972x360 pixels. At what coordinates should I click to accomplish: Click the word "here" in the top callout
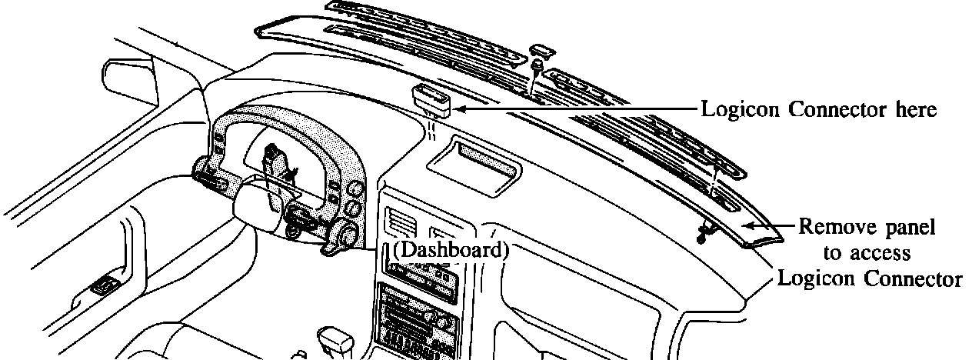coord(913,110)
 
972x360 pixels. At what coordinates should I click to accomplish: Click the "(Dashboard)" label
coord(451,250)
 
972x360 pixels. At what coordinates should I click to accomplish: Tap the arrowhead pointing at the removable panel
coord(750,224)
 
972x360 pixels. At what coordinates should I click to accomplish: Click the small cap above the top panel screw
coord(542,52)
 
